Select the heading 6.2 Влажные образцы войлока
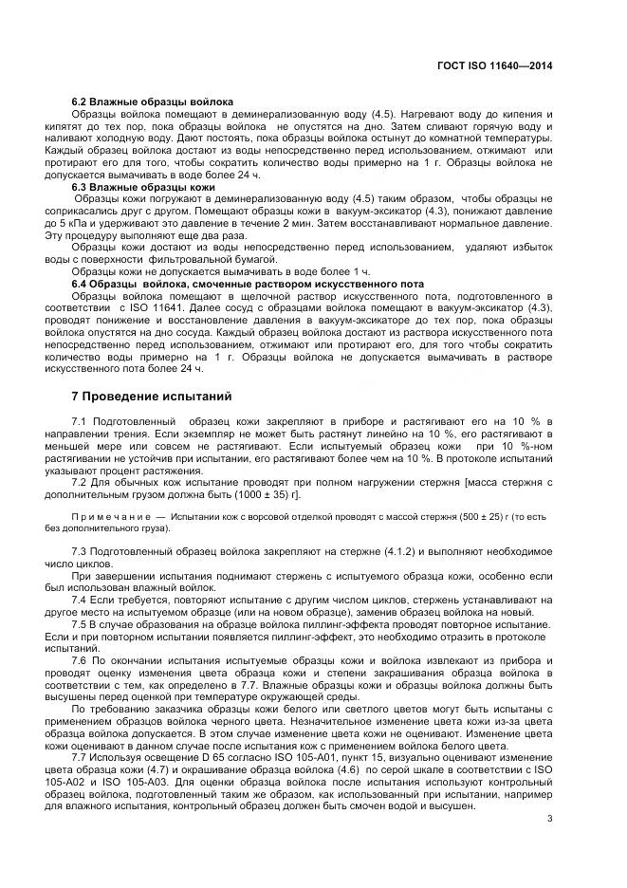pos(153,102)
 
